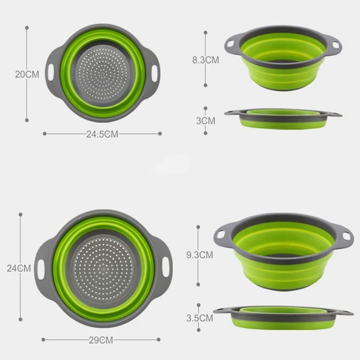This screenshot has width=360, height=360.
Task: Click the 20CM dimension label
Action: click(27, 74)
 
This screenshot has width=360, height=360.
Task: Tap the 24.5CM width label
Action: click(102, 134)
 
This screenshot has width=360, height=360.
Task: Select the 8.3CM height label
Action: click(206, 60)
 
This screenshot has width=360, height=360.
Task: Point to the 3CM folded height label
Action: click(206, 121)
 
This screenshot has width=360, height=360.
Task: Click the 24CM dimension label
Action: click(19, 268)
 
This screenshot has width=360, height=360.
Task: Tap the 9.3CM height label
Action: click(199, 255)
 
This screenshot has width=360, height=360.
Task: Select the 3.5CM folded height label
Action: click(199, 318)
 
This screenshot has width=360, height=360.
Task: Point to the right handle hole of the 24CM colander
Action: click(167, 268)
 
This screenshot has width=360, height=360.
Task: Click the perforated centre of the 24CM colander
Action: click(103, 269)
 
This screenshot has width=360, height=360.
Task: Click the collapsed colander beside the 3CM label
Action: click(283, 118)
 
